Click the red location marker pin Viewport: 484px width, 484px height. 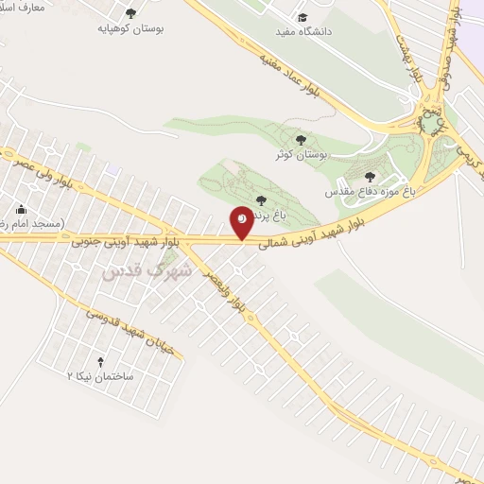pos(242,222)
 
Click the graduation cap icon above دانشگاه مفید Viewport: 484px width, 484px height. pos(302,16)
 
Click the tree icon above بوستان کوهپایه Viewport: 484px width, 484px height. pos(130,14)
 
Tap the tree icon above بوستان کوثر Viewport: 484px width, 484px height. pos(301,140)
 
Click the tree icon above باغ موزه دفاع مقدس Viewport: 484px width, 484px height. pos(370,176)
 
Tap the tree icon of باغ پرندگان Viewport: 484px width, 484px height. pos(260,199)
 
